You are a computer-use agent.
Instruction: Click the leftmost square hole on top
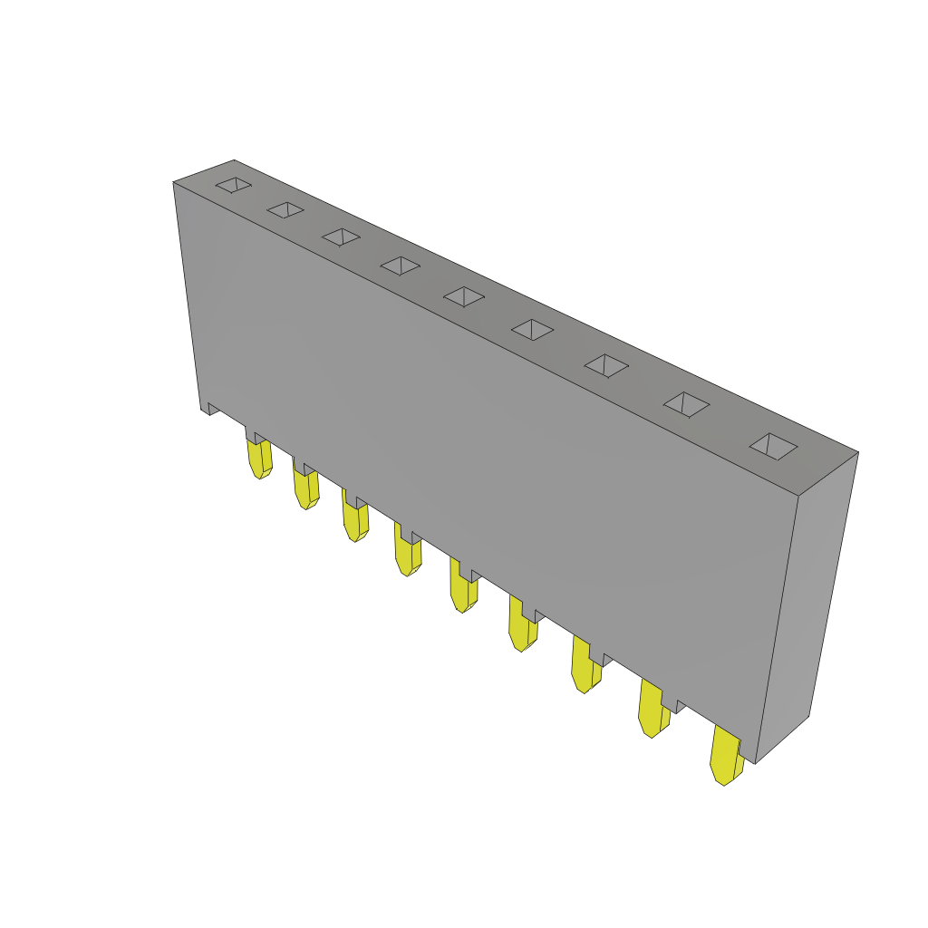coord(234,185)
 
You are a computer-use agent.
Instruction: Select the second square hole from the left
coord(285,210)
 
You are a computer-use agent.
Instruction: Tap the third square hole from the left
coord(341,237)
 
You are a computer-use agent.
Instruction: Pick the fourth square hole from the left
coord(400,266)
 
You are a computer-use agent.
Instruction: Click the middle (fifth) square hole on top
coord(464,297)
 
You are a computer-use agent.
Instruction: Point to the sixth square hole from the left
coord(532,330)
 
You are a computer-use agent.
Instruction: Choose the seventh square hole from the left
coord(606,365)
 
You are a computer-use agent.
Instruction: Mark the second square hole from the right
coord(686,404)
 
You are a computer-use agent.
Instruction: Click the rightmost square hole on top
coord(773,446)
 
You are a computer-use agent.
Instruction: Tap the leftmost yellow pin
coord(258,459)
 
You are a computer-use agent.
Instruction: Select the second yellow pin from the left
coord(305,489)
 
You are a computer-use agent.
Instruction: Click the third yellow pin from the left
coord(354,522)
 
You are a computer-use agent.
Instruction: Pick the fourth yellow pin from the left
coord(407,555)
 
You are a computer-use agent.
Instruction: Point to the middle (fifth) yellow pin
coord(463,592)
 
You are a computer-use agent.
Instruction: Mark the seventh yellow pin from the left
coord(585,672)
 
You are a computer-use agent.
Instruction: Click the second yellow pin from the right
coord(652,714)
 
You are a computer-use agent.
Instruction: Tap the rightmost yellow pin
coord(725,759)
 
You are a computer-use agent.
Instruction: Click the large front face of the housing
coord(480,453)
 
